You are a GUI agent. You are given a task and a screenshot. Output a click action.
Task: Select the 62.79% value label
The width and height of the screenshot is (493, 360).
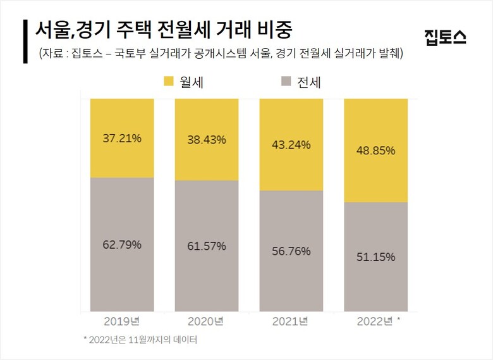(122, 244)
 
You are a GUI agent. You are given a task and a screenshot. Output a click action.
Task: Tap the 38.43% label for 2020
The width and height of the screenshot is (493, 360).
(207, 140)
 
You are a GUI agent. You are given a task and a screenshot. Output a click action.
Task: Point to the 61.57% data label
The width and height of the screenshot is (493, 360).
(207, 246)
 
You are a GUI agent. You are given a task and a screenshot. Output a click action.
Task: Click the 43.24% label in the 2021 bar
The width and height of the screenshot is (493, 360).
(291, 144)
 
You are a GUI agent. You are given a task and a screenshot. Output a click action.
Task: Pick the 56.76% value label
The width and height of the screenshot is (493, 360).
(291, 251)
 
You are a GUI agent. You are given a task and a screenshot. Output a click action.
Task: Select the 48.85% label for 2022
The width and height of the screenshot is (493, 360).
(376, 151)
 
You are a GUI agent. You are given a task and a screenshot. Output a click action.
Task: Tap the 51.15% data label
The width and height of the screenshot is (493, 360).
(376, 257)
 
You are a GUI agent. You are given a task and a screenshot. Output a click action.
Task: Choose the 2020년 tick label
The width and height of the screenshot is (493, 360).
(206, 321)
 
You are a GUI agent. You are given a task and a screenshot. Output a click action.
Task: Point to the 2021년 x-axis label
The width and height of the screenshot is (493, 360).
(291, 321)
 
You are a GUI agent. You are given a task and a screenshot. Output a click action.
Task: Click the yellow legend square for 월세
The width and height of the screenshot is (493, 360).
(169, 81)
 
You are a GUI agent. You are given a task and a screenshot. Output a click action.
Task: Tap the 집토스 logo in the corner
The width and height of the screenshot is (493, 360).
(446, 37)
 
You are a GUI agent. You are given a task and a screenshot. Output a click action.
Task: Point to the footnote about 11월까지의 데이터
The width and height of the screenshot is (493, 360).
(140, 340)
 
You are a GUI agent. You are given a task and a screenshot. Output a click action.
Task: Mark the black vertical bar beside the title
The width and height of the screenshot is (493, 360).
(25, 40)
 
